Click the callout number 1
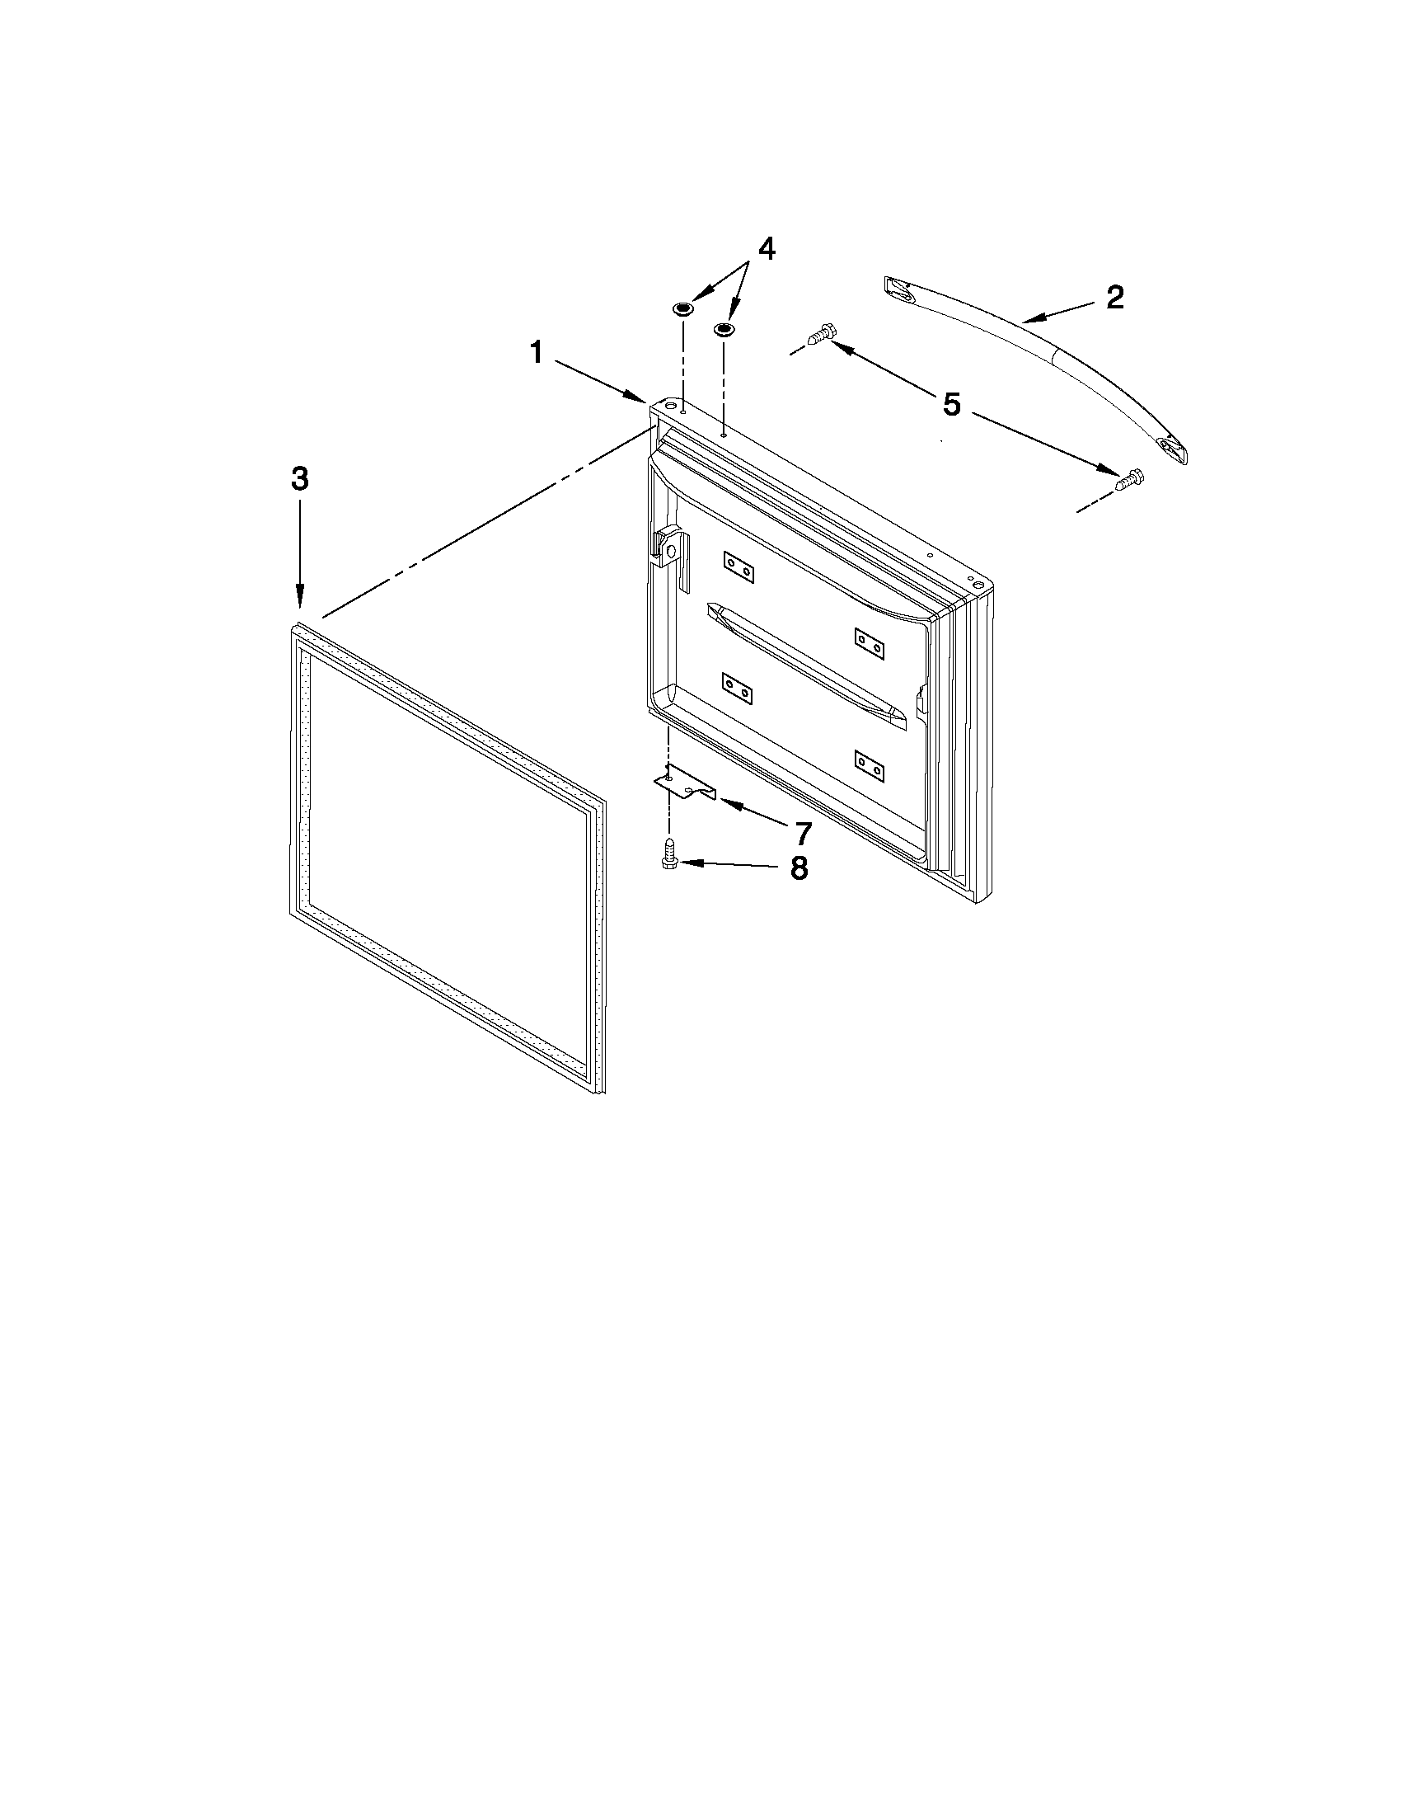[537, 353]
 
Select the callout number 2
[1114, 298]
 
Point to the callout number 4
[766, 248]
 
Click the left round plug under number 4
[682, 309]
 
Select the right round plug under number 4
[724, 330]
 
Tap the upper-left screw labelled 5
[820, 335]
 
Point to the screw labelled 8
[668, 855]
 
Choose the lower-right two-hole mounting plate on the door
[869, 765]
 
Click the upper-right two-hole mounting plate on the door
[869, 643]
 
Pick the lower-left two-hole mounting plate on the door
[738, 688]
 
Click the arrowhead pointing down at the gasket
[299, 597]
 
